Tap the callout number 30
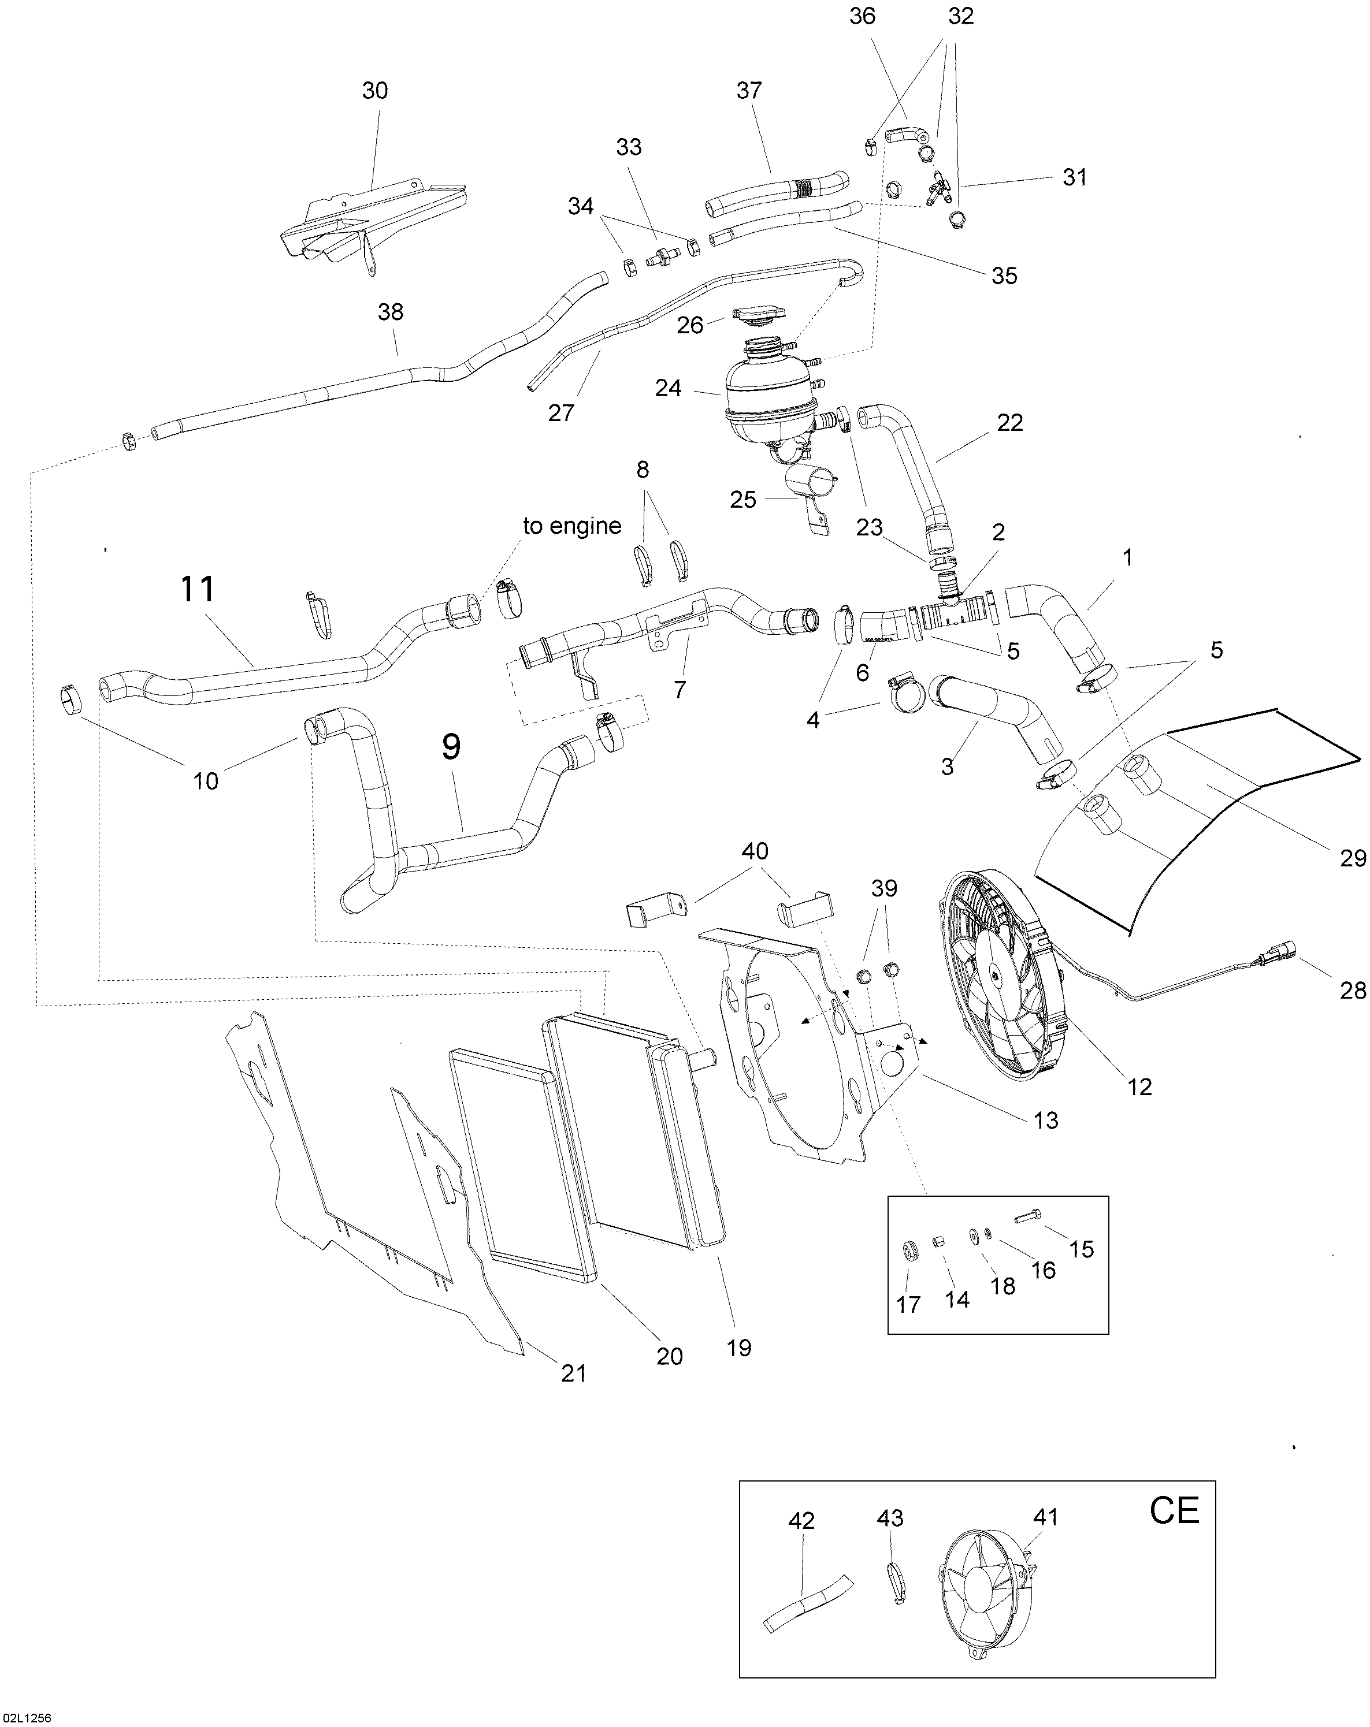pyautogui.click(x=375, y=91)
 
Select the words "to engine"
pyautogui.click(x=572, y=526)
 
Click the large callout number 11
pyautogui.click(x=198, y=590)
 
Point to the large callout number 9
pyautogui.click(x=451, y=747)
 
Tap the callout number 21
pyautogui.click(x=574, y=1373)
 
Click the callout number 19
pyautogui.click(x=738, y=1348)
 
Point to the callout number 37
pyautogui.click(x=749, y=91)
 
